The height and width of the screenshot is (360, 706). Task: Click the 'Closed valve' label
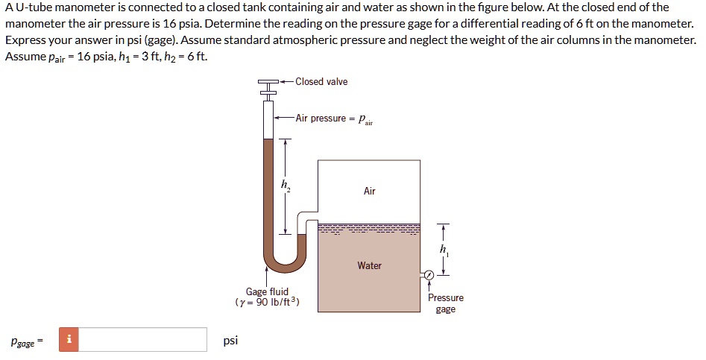tap(321, 81)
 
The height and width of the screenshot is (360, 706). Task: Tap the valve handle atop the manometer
tap(268, 81)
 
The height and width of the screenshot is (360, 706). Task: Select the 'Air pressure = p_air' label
tap(333, 119)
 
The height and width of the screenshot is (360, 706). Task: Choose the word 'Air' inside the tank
tap(369, 192)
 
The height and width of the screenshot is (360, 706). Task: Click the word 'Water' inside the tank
tap(369, 265)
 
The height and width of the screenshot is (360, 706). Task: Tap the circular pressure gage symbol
tap(429, 275)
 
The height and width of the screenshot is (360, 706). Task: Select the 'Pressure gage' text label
tap(445, 303)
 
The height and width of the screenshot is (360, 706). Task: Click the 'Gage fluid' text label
tap(267, 291)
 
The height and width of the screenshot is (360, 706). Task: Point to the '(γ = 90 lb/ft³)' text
tap(267, 303)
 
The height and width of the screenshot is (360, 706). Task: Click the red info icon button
tap(69, 340)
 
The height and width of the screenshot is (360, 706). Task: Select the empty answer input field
tap(142, 340)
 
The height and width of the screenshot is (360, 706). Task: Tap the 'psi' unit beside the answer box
tap(230, 341)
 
